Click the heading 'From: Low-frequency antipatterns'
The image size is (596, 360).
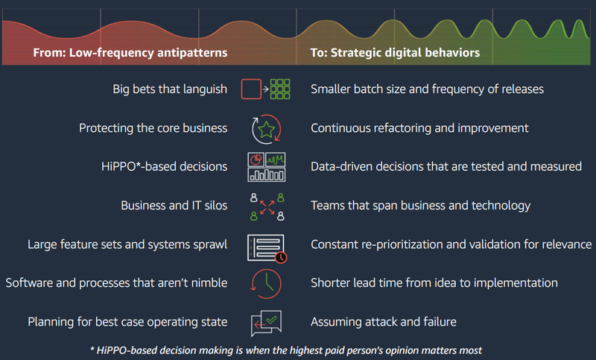coord(130,54)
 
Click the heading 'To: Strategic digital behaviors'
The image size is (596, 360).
coord(395,54)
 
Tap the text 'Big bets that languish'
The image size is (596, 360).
coord(170,89)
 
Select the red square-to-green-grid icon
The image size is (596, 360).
coord(265,89)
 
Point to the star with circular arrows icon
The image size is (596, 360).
coord(265,127)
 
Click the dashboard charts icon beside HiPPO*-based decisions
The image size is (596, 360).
coord(265,166)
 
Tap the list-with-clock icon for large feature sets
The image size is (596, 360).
coord(265,245)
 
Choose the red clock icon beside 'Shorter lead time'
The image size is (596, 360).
coord(266,283)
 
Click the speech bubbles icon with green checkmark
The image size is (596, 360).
coord(266,322)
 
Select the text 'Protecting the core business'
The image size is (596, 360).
coord(153,128)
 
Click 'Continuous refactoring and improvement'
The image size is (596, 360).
coord(419,128)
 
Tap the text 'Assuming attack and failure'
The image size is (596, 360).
coord(383,322)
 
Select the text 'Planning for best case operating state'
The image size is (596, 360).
coord(127,322)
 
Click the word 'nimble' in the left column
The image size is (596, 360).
coord(208,283)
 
